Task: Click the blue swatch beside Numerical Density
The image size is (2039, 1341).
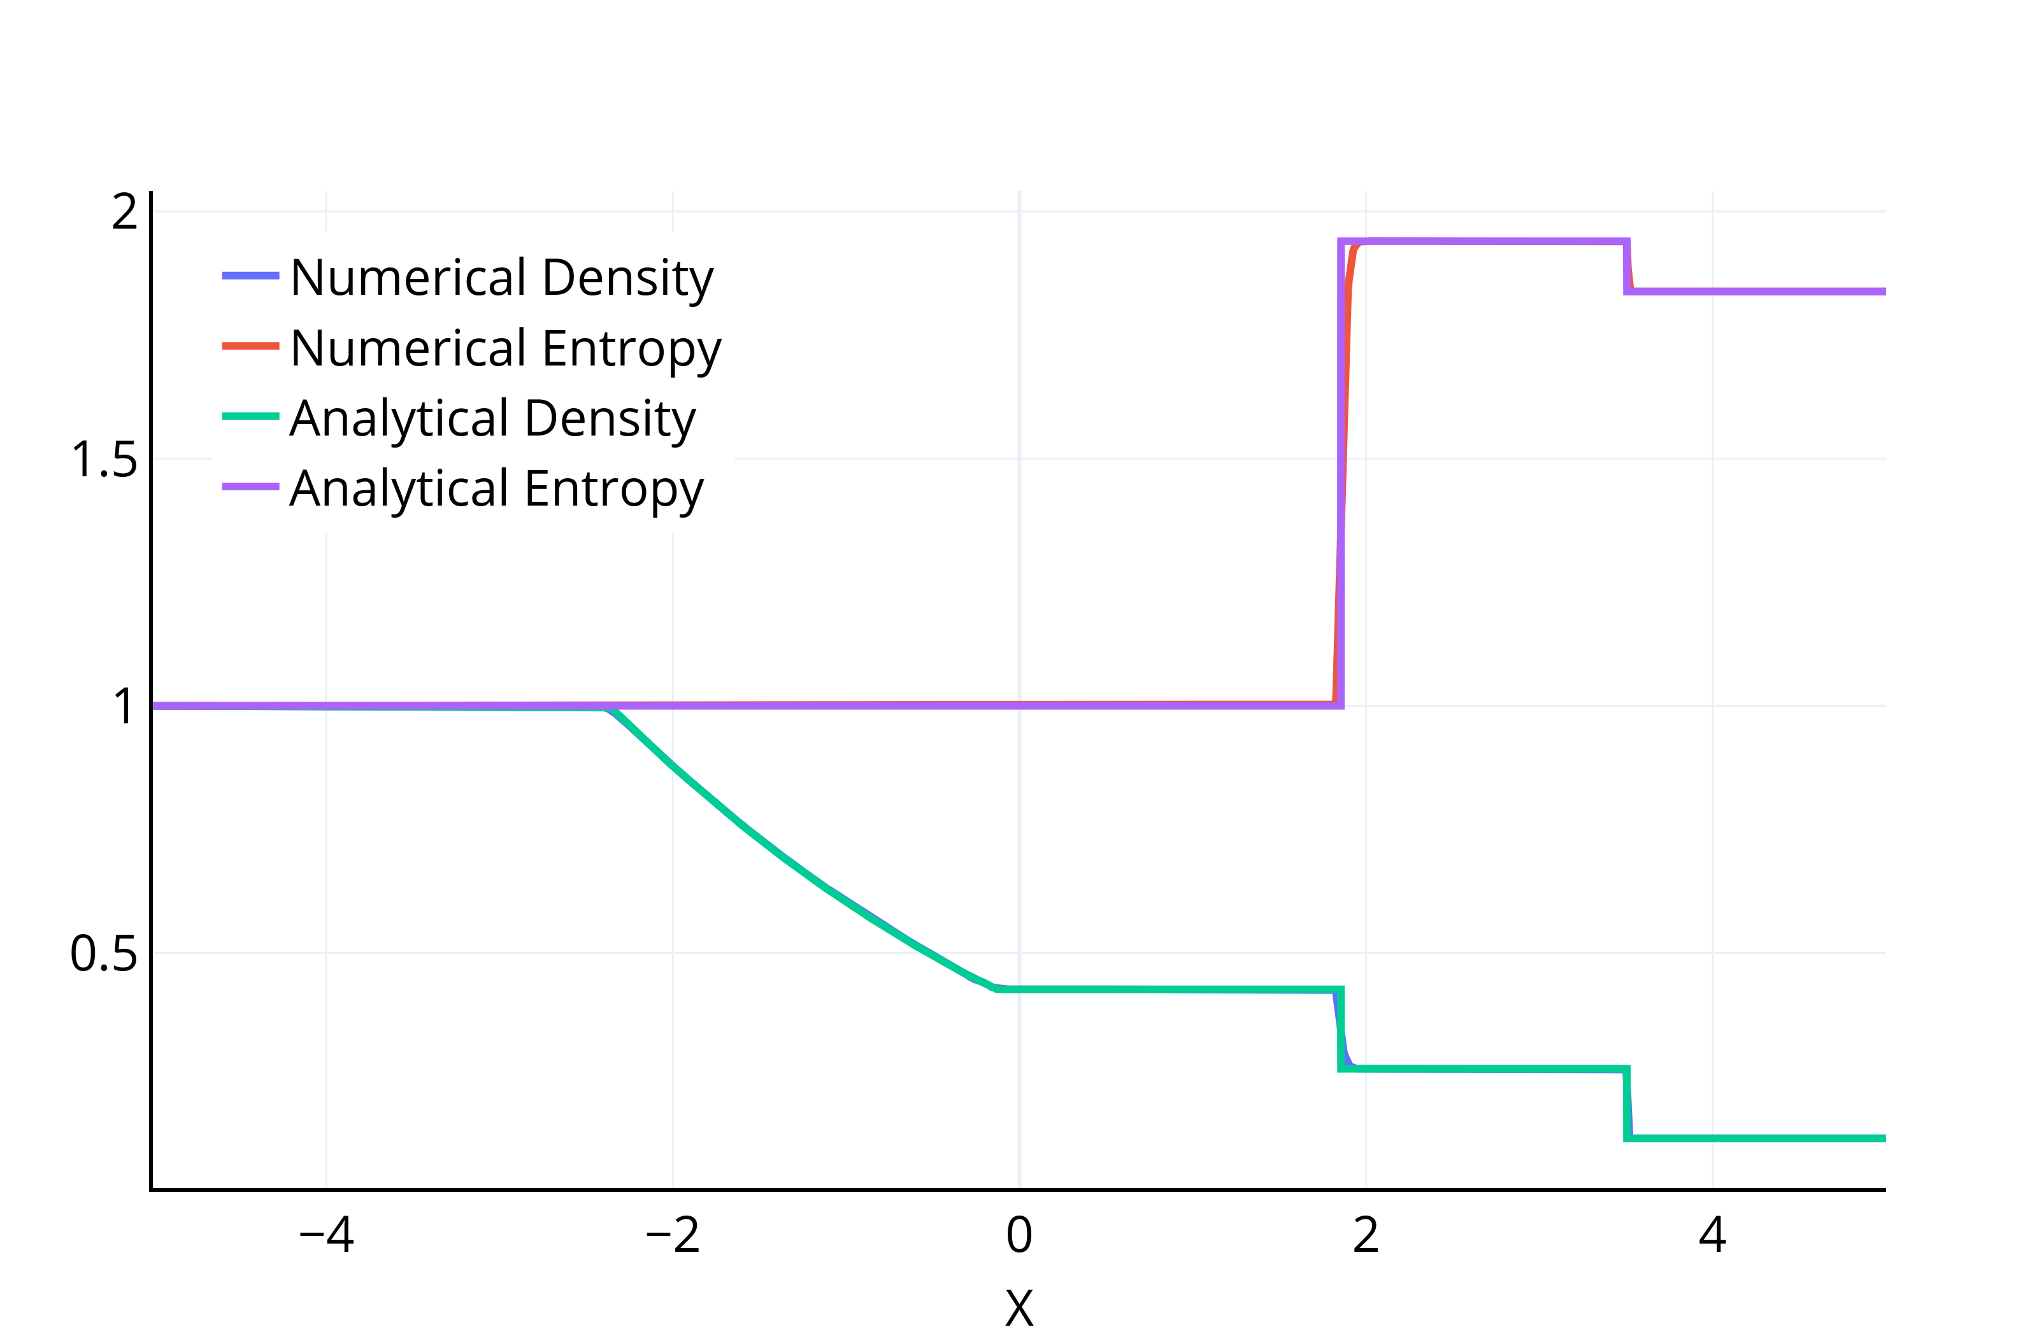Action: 250,276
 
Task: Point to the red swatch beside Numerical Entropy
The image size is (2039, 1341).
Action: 250,346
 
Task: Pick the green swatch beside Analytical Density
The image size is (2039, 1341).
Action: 250,417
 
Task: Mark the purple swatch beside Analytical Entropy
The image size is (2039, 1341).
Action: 250,487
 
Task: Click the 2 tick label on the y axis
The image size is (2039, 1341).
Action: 124,211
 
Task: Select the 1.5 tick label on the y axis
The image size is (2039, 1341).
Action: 104,459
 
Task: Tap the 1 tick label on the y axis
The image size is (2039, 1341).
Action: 124,706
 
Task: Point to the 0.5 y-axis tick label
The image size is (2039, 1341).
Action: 104,953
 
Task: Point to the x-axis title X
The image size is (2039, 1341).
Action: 1019,1308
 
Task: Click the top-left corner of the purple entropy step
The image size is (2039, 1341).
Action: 1341,241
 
